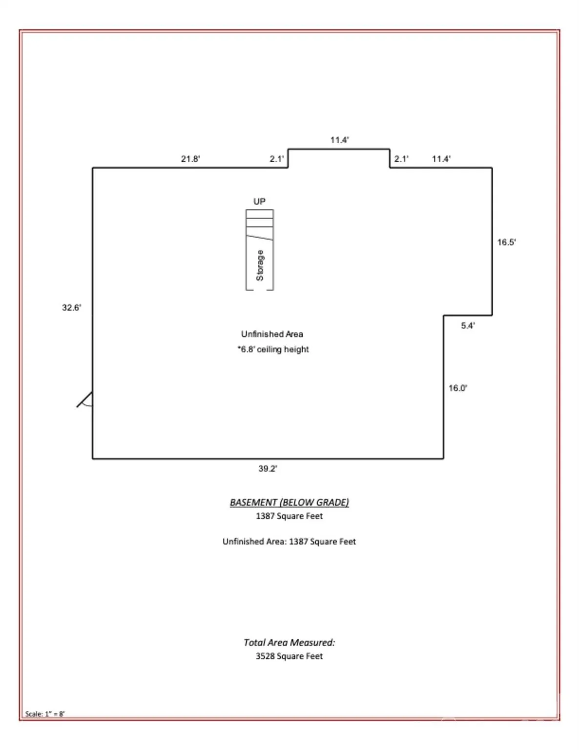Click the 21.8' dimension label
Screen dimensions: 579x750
[x=190, y=159]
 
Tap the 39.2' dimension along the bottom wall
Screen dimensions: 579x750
[x=268, y=468]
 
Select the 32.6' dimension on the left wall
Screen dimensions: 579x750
[x=71, y=307]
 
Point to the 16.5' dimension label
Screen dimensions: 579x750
[x=506, y=242]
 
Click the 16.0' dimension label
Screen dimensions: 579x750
[x=457, y=388]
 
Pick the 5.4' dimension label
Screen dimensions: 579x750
[x=468, y=326]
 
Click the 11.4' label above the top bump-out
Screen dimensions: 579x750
[x=339, y=140]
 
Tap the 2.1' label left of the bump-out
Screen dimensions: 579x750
[x=277, y=159]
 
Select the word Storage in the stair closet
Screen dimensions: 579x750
[x=260, y=266]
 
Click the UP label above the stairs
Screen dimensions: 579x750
[x=260, y=201]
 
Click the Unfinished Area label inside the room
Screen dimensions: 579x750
[x=272, y=334]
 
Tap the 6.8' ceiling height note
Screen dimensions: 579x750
[x=273, y=349]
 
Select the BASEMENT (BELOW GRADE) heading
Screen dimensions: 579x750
[x=289, y=502]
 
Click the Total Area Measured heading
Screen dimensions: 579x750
[x=289, y=642]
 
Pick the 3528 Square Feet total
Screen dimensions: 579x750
[x=289, y=656]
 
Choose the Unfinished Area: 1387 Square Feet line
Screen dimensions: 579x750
[x=289, y=541]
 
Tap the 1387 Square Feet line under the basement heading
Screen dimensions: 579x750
[x=289, y=516]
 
